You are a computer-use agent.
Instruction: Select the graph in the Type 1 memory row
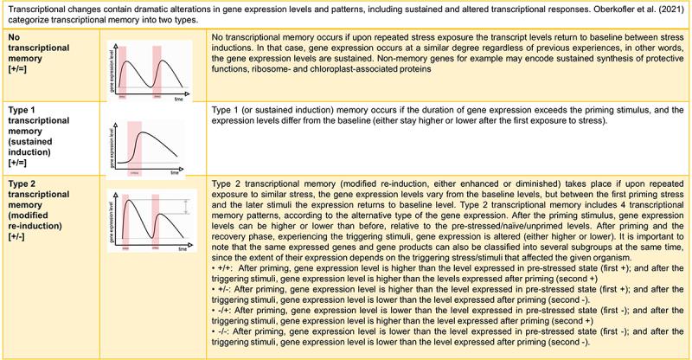click(x=150, y=144)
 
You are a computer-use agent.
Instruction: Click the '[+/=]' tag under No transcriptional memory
click(x=17, y=80)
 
